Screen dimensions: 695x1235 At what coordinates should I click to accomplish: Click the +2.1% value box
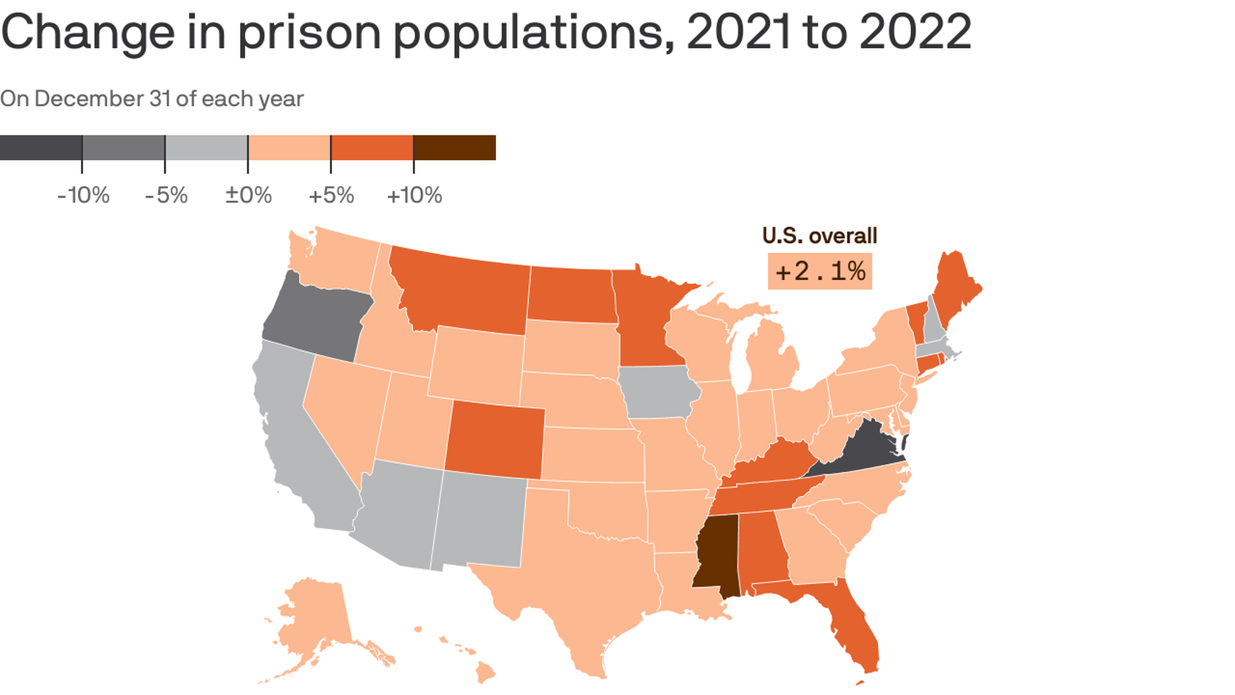coord(819,272)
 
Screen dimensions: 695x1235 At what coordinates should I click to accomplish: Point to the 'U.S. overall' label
coord(819,236)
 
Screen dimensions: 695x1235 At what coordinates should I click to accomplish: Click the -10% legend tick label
coord(84,195)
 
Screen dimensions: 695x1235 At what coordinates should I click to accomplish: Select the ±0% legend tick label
coord(248,195)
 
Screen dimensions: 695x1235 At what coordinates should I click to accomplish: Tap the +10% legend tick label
coord(414,195)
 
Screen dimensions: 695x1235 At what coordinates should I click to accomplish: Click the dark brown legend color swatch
coord(454,147)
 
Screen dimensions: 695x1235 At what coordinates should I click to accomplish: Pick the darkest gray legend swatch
coord(41,147)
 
